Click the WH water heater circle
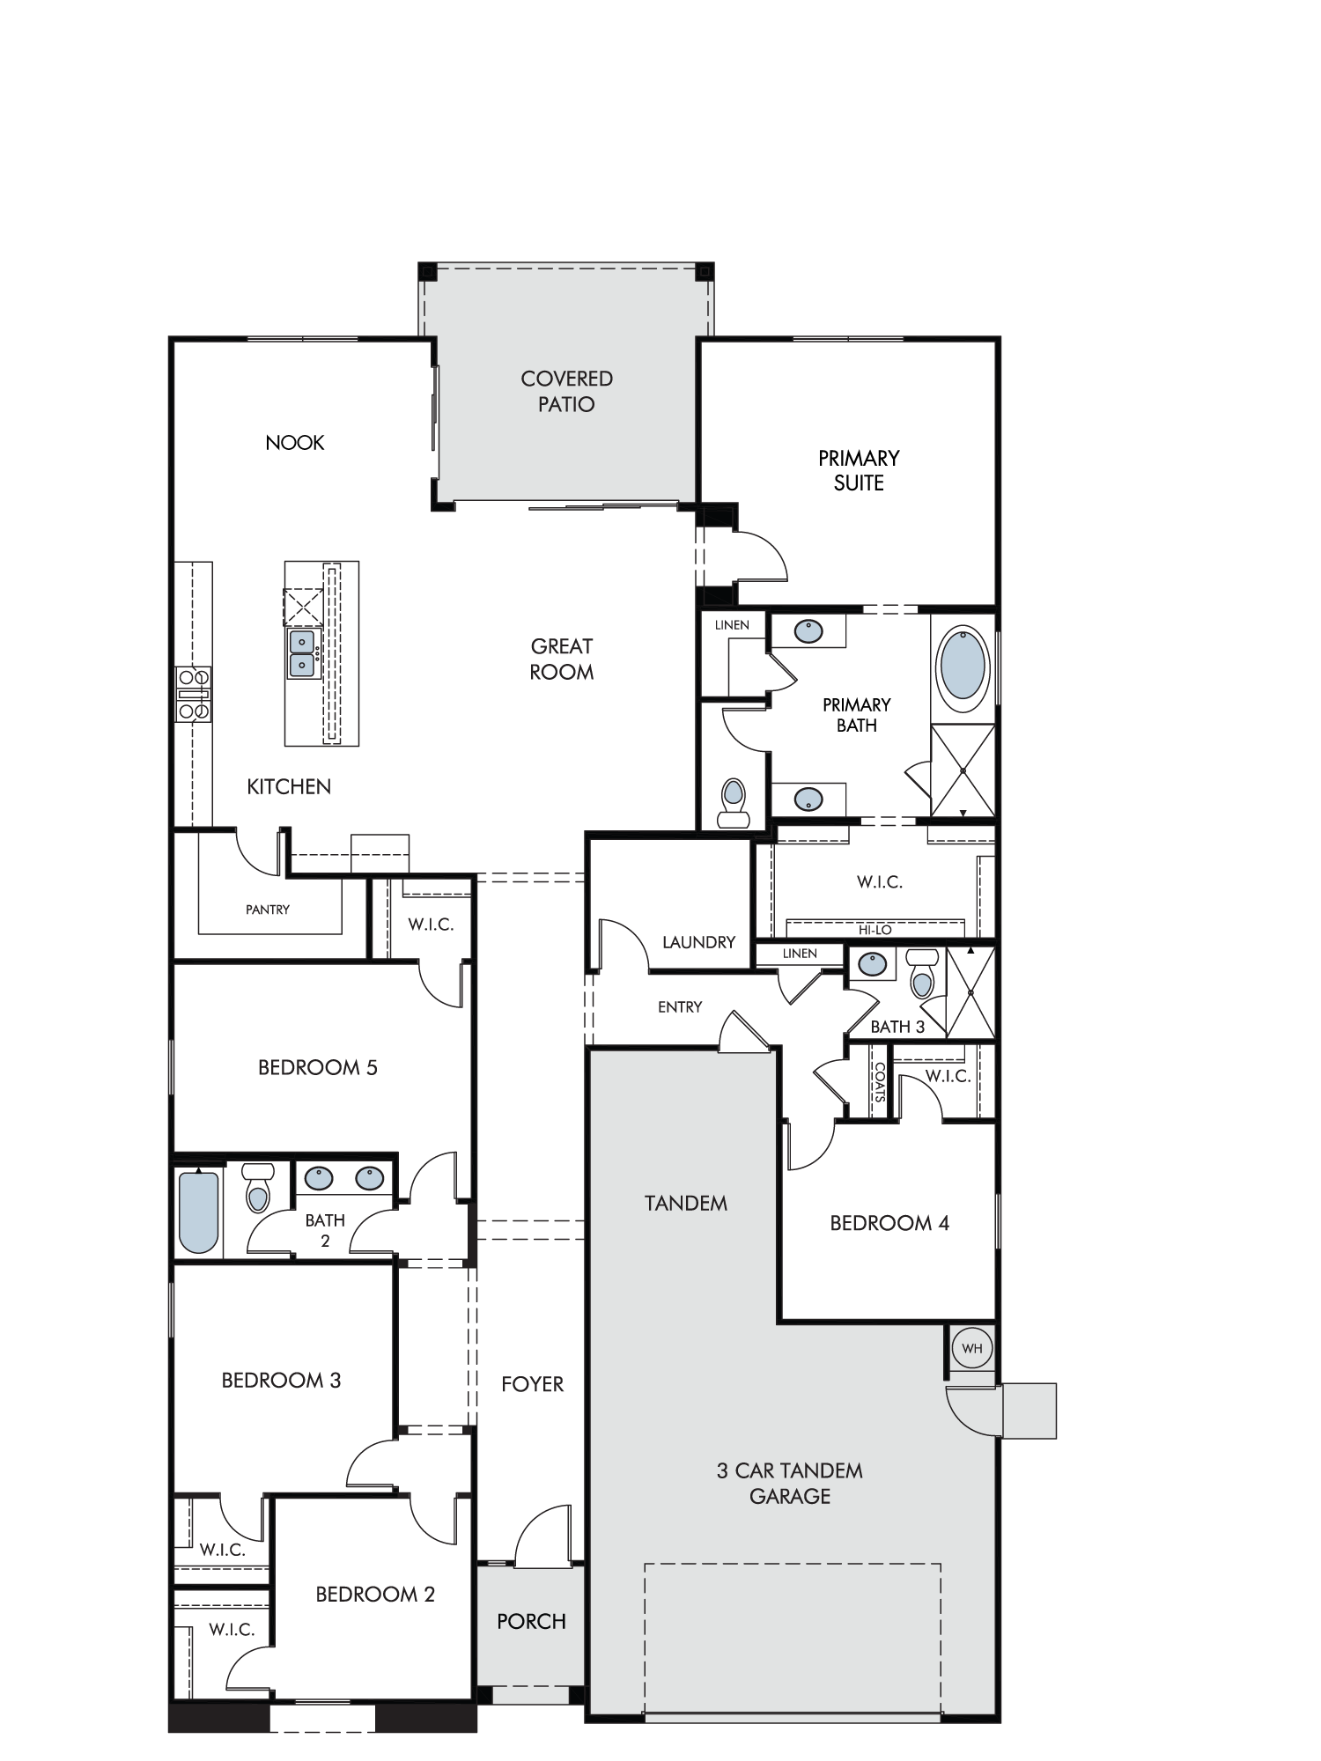pos(971,1348)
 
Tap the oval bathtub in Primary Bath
pos(963,670)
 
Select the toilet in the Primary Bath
pos(733,802)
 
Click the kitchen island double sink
pos(302,653)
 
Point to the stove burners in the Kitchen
pos(194,694)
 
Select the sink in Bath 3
pos(873,964)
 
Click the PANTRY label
pos(268,910)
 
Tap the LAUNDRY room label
pos(698,942)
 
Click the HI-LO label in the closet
pos(875,930)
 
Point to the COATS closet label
pos(880,1081)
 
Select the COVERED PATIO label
pos(567,392)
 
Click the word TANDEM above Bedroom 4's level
pos(686,1203)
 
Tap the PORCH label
pos(531,1621)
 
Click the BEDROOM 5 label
pos(318,1068)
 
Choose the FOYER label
pos(532,1384)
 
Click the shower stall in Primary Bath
pos(963,770)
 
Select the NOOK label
pos(295,442)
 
